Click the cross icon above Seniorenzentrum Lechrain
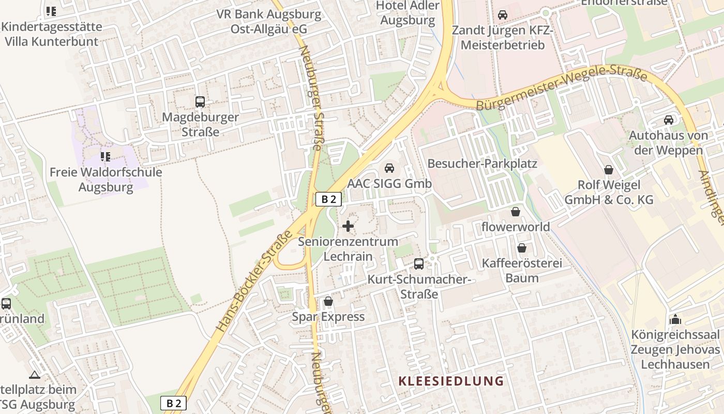tap(348, 226)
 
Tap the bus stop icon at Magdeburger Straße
tap(200, 102)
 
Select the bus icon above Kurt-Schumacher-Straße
tap(419, 264)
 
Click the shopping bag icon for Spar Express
tap(328, 301)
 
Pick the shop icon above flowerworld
tap(516, 212)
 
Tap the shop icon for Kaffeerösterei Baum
tap(522, 248)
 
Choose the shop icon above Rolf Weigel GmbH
tap(609, 170)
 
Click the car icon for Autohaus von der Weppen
tap(668, 120)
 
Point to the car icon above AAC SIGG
tap(389, 168)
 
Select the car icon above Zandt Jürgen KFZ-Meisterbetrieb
tap(503, 14)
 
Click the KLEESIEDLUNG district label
tap(451, 381)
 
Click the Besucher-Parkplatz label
tap(482, 164)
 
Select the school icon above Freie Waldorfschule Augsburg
tap(105, 156)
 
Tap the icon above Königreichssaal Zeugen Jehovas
tap(675, 319)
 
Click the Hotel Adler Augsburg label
tap(408, 13)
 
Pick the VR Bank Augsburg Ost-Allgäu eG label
tap(269, 21)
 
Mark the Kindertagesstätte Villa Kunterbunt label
tap(51, 33)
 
